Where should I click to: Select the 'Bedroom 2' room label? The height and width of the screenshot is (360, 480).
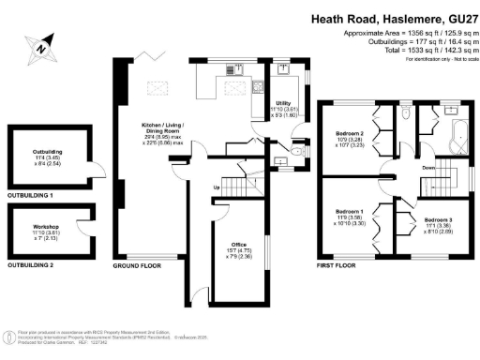351,134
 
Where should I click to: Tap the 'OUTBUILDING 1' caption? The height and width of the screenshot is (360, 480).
29,195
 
